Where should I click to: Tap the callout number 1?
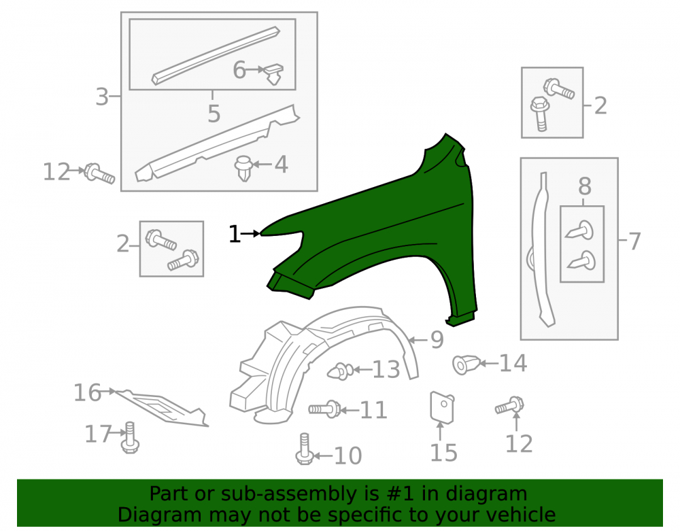[234, 234]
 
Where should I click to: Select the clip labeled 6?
[273, 73]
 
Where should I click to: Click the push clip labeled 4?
[243, 168]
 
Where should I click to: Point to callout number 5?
[214, 114]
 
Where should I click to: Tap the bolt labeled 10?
[305, 449]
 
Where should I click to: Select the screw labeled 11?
[324, 409]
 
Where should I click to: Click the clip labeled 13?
[340, 371]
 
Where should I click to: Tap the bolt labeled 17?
[131, 438]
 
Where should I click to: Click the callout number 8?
[585, 186]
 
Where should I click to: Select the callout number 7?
[634, 241]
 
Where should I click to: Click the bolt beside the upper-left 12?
[99, 174]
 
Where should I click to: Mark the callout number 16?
[87, 393]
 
